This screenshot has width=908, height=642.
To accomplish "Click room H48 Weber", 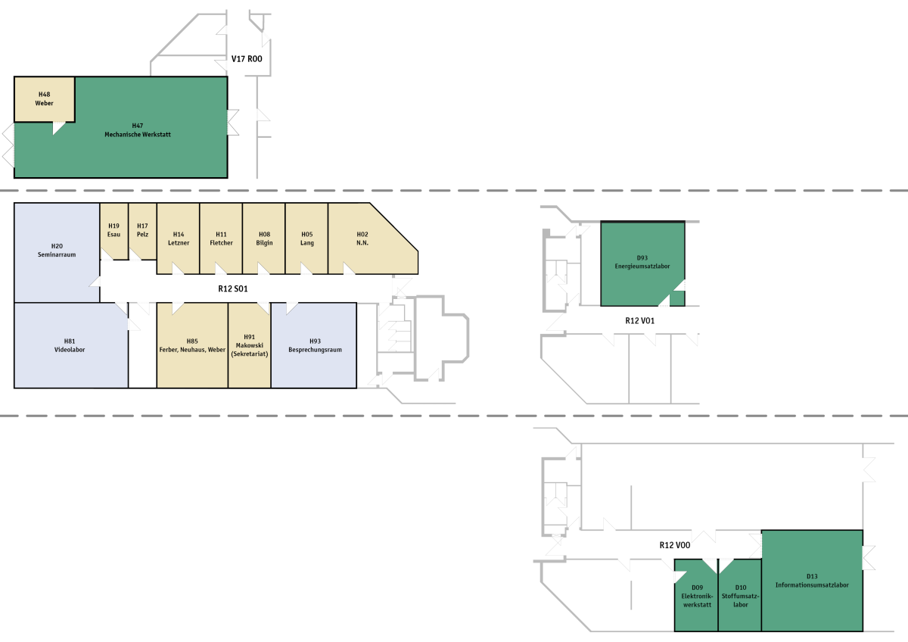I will pos(44,98).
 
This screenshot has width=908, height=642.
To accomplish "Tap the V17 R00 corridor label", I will pos(247,58).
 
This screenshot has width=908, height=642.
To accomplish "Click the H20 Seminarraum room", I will pos(57,251).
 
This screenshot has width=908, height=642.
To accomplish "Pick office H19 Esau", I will pos(114,230).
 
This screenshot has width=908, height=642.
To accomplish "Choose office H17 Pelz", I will pos(142,230).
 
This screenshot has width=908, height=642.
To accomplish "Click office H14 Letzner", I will pos(178,238).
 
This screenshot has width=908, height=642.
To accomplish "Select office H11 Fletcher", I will pos(221,238).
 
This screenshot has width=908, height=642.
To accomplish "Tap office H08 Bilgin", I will pos(263,238).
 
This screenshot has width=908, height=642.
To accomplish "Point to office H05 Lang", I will pos(306,238).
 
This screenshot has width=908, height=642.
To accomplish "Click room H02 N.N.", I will pos(362,238).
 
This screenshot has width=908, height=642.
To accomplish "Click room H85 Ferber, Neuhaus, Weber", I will pos(192,345).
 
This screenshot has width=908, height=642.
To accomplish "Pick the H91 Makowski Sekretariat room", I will pos(250,345).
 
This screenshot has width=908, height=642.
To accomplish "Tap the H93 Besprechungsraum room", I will pos(315,345).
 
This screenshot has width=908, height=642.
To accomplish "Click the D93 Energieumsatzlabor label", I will pos(642,262).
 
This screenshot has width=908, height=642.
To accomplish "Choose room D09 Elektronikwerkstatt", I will pos(696,596).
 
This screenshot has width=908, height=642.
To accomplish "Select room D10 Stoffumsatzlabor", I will pos(740,596).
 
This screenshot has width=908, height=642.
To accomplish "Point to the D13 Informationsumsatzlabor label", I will pos(812,581).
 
